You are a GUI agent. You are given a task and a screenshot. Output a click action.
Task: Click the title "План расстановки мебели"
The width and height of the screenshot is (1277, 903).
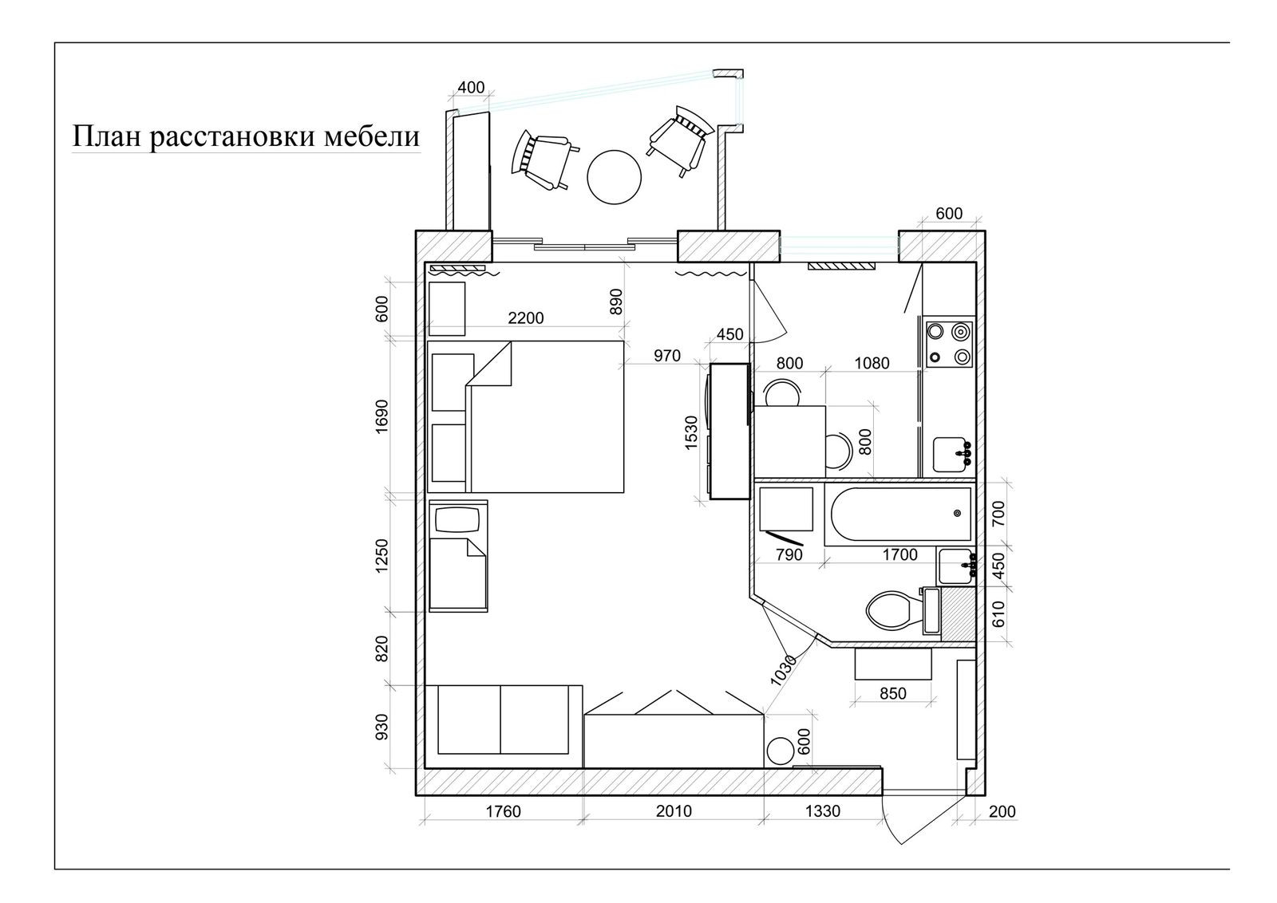246,136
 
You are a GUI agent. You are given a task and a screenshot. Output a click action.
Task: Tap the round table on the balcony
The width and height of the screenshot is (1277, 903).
614,176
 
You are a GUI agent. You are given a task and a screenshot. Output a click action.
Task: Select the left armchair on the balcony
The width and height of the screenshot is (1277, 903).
544,160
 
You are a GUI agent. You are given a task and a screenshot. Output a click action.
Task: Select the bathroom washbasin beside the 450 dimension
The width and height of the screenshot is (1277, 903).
955,566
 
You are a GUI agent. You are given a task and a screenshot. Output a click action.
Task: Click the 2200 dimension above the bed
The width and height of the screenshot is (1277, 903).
525,317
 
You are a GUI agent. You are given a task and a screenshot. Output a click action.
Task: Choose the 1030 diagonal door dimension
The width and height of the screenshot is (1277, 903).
784,670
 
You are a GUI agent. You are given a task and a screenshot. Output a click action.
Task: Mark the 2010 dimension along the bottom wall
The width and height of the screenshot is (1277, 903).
674,811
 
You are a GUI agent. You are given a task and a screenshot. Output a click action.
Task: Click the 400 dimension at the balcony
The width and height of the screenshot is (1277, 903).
471,87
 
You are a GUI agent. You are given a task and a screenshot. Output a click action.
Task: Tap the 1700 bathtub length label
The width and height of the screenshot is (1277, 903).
899,554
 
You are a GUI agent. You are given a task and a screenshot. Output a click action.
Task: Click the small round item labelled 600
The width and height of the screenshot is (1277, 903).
779,751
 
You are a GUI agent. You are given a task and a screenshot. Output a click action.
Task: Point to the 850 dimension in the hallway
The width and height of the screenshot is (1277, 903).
892,693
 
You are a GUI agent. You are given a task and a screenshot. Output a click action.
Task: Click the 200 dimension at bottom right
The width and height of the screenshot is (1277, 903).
1002,811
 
